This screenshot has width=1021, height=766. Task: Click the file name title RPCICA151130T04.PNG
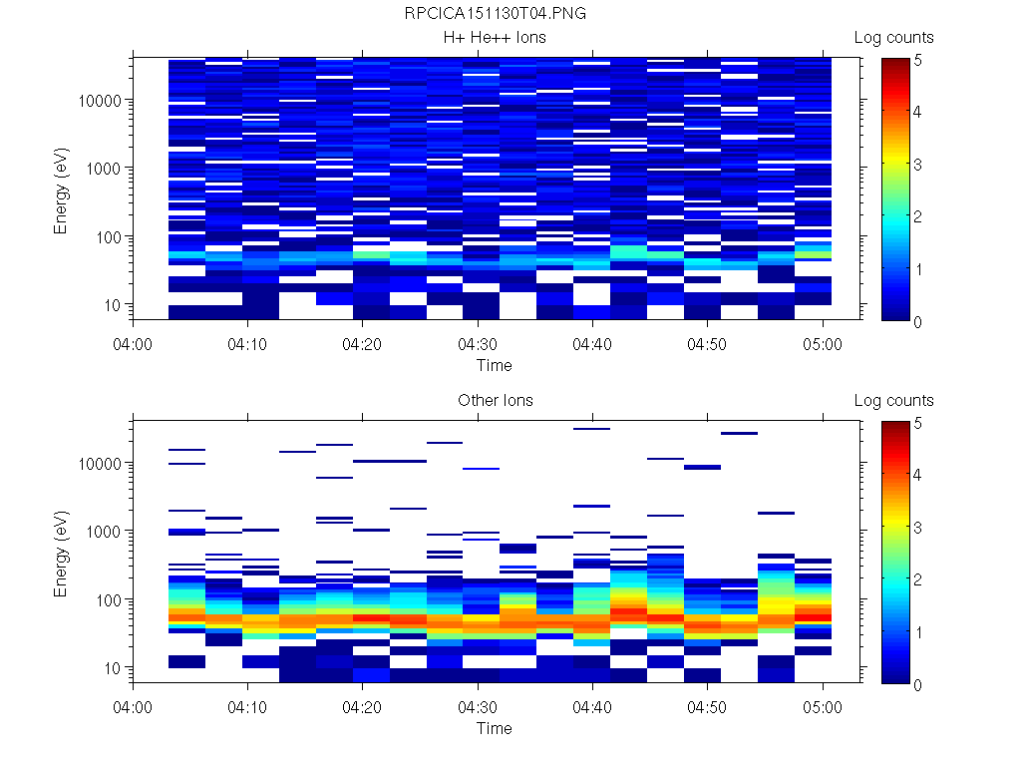coord(496,14)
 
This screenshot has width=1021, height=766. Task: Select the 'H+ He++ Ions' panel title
coord(496,38)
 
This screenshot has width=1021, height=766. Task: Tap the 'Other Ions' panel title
coord(496,401)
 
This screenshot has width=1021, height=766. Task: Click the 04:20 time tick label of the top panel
coord(363,343)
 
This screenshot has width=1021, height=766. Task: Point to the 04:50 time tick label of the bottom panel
coord(707,706)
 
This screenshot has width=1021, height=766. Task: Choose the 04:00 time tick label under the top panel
coord(134,343)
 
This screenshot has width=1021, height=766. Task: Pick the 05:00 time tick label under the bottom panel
coord(822,706)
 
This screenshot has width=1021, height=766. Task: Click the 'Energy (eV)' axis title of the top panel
coord(61,190)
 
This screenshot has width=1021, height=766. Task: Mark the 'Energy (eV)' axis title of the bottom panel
coord(61,553)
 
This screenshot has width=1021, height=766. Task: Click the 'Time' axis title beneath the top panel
coord(494,365)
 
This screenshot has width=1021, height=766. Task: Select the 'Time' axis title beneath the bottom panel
coord(494,728)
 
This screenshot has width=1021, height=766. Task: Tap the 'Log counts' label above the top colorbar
coord(893,38)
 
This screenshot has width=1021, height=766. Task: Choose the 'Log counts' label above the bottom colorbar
coord(893,401)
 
